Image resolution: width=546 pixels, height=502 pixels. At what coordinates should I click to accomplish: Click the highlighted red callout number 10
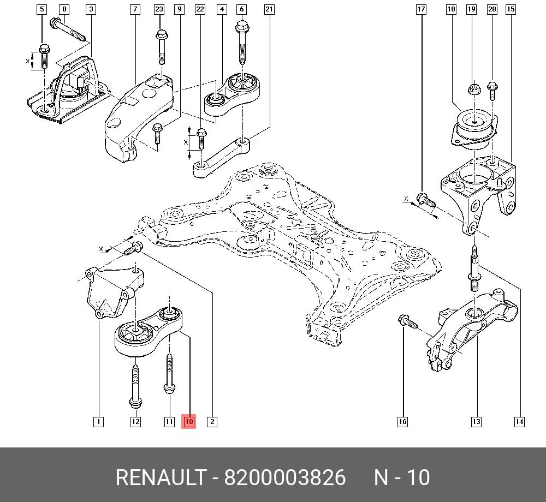(x=189, y=421)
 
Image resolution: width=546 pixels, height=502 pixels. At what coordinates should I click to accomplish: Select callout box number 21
(x=269, y=9)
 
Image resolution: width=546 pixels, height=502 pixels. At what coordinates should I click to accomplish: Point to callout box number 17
(x=421, y=9)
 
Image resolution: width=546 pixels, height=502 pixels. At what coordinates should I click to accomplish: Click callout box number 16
(x=402, y=421)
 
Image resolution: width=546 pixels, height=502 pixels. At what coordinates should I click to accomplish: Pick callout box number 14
(x=519, y=421)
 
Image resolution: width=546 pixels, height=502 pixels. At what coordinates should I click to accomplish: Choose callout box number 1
(x=98, y=421)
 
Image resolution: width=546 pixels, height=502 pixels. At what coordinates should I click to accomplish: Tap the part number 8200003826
(x=285, y=477)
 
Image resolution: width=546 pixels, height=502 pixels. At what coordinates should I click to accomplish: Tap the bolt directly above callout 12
(x=135, y=385)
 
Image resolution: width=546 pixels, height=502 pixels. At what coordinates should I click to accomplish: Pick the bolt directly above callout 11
(x=169, y=374)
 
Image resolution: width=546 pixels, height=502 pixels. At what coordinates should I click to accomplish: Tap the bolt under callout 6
(x=241, y=41)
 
